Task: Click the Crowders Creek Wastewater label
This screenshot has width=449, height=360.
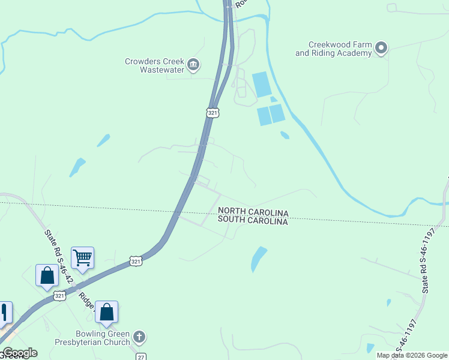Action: [153, 65]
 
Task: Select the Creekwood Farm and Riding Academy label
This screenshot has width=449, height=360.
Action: [333, 49]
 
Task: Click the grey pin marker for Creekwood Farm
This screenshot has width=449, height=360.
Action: [381, 48]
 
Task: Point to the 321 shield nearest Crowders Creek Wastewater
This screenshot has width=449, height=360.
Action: [212, 112]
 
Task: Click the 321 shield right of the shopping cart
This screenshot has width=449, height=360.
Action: [136, 261]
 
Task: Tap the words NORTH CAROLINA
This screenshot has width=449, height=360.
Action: [253, 212]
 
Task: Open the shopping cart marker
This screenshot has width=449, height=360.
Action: [82, 259]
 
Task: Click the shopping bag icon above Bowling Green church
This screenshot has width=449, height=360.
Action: [106, 312]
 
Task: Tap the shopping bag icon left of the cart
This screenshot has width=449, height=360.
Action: [47, 276]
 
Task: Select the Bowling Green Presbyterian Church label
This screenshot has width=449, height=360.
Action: [103, 338]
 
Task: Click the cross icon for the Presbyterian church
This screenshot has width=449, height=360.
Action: [139, 337]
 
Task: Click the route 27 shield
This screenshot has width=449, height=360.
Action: [141, 356]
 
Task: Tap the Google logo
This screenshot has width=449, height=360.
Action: [20, 353]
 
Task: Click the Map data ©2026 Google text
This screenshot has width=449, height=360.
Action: [411, 355]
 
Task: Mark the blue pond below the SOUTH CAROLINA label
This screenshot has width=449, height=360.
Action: [258, 258]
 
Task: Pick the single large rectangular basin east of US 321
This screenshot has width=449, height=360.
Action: [262, 84]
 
